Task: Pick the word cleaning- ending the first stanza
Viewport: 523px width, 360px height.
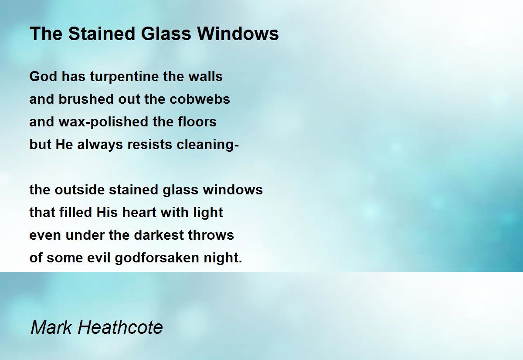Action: coord(208,144)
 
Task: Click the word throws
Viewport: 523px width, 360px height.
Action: coord(211,235)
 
